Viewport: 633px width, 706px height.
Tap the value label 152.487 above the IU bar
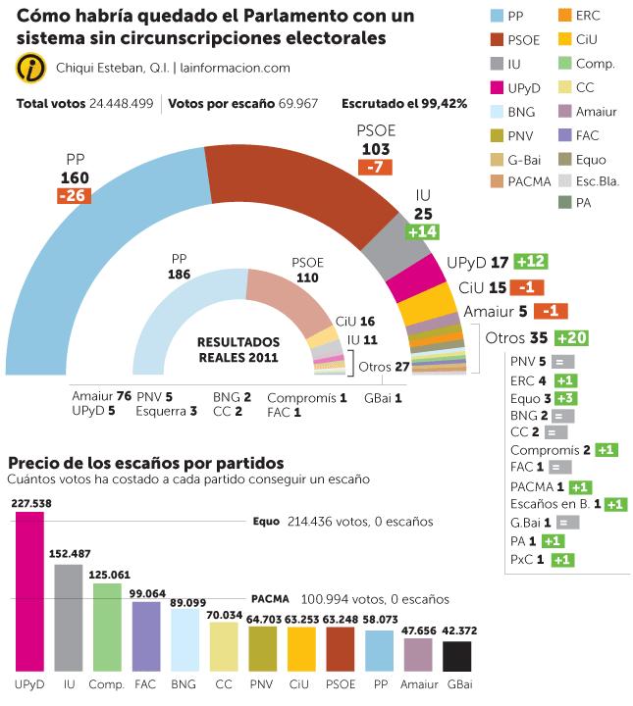coord(68,554)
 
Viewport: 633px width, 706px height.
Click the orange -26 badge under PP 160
coord(74,196)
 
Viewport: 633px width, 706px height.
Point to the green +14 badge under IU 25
coord(423,230)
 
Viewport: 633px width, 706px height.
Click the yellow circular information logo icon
coord(29,68)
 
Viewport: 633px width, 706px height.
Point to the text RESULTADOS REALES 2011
coord(239,350)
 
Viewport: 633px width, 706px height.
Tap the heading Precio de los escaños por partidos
coord(146,462)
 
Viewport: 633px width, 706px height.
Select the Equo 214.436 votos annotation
coord(343,522)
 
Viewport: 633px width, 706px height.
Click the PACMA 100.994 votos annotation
coord(349,597)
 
